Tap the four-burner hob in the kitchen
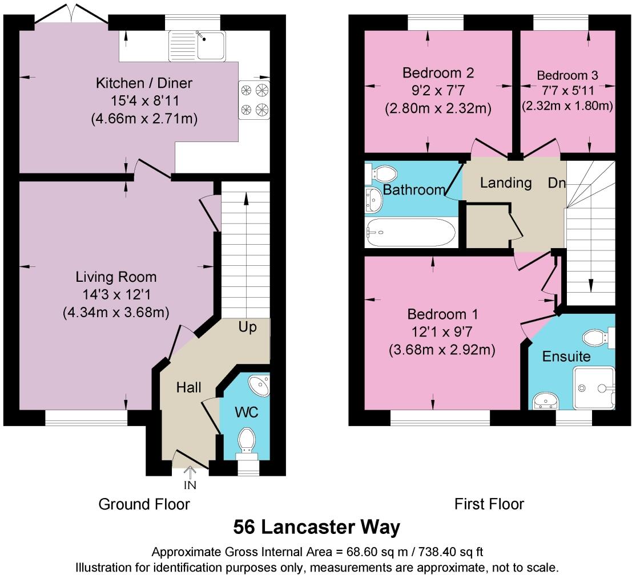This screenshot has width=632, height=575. pos(254,99)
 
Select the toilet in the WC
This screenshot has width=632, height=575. pos(248,443)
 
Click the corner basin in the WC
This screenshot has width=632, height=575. pos(260,385)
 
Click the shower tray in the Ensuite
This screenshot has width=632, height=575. pos(594,388)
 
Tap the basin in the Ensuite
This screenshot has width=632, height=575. pos(545,401)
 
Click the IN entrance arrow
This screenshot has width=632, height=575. pos(190,477)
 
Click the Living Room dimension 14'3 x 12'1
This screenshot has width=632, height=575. pos(116,295)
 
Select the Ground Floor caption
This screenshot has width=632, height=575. pos(144,504)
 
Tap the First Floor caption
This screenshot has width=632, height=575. pos(489,504)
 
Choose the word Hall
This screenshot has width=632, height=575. pos(188,388)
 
